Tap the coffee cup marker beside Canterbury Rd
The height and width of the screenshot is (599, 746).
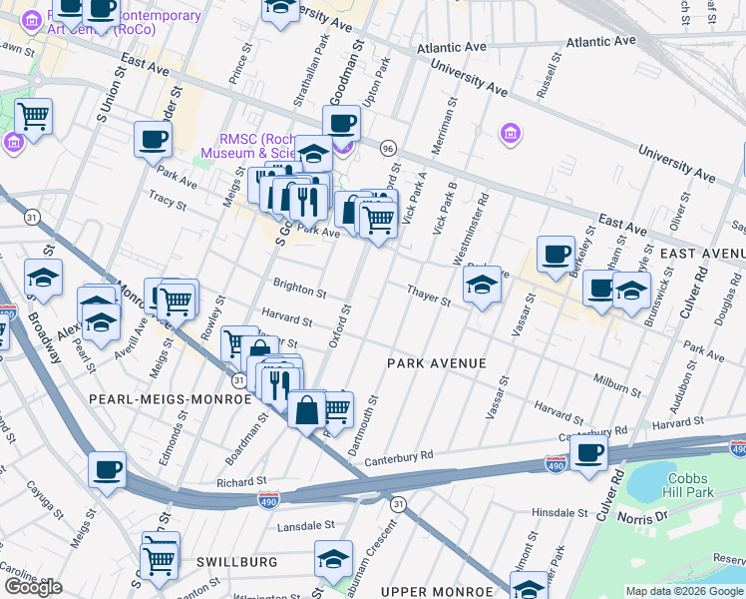[590, 451]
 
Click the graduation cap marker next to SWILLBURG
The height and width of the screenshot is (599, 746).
[333, 559]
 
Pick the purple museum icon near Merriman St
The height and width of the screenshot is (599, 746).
[510, 134]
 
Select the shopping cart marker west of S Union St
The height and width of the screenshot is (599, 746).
[34, 116]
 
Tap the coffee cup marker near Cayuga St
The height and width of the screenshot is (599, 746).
[107, 469]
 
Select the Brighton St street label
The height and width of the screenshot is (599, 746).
[301, 294]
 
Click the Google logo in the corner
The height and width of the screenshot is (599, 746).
[33, 587]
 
